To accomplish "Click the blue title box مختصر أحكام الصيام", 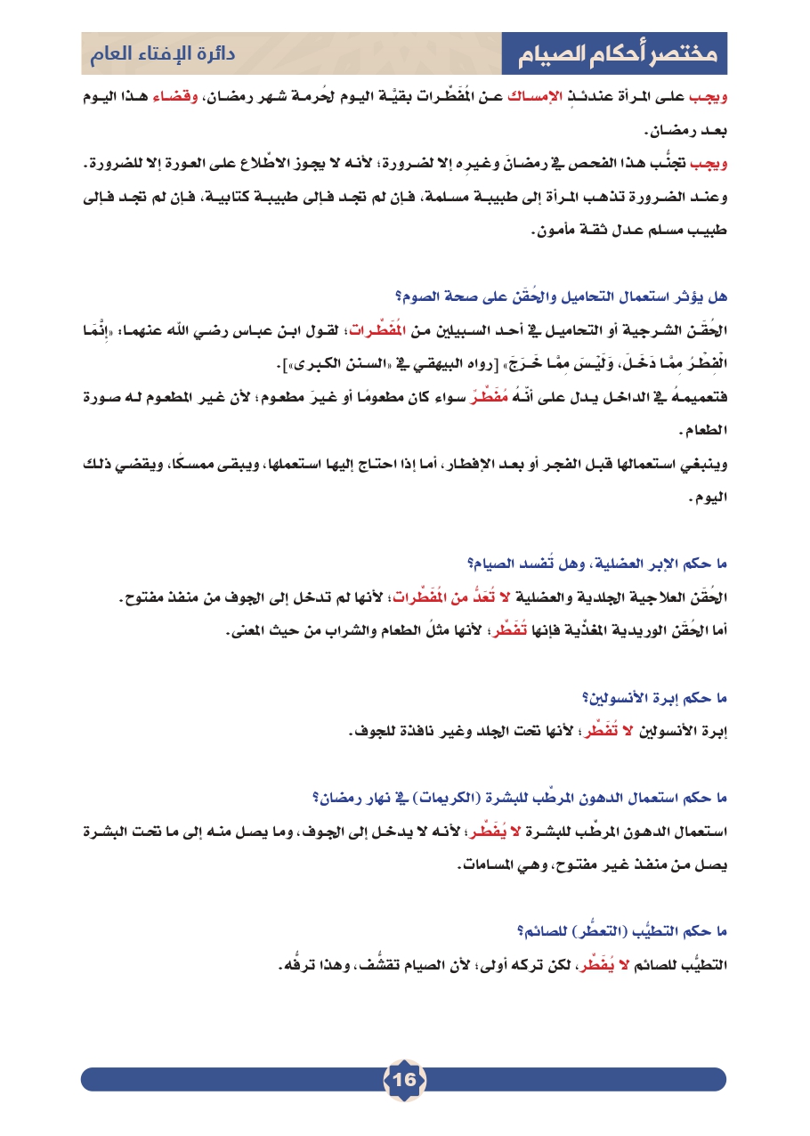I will (614, 54).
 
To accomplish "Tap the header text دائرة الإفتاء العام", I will (161, 54).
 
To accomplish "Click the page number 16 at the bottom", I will (404, 1079).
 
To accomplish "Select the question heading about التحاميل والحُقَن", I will (562, 295).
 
